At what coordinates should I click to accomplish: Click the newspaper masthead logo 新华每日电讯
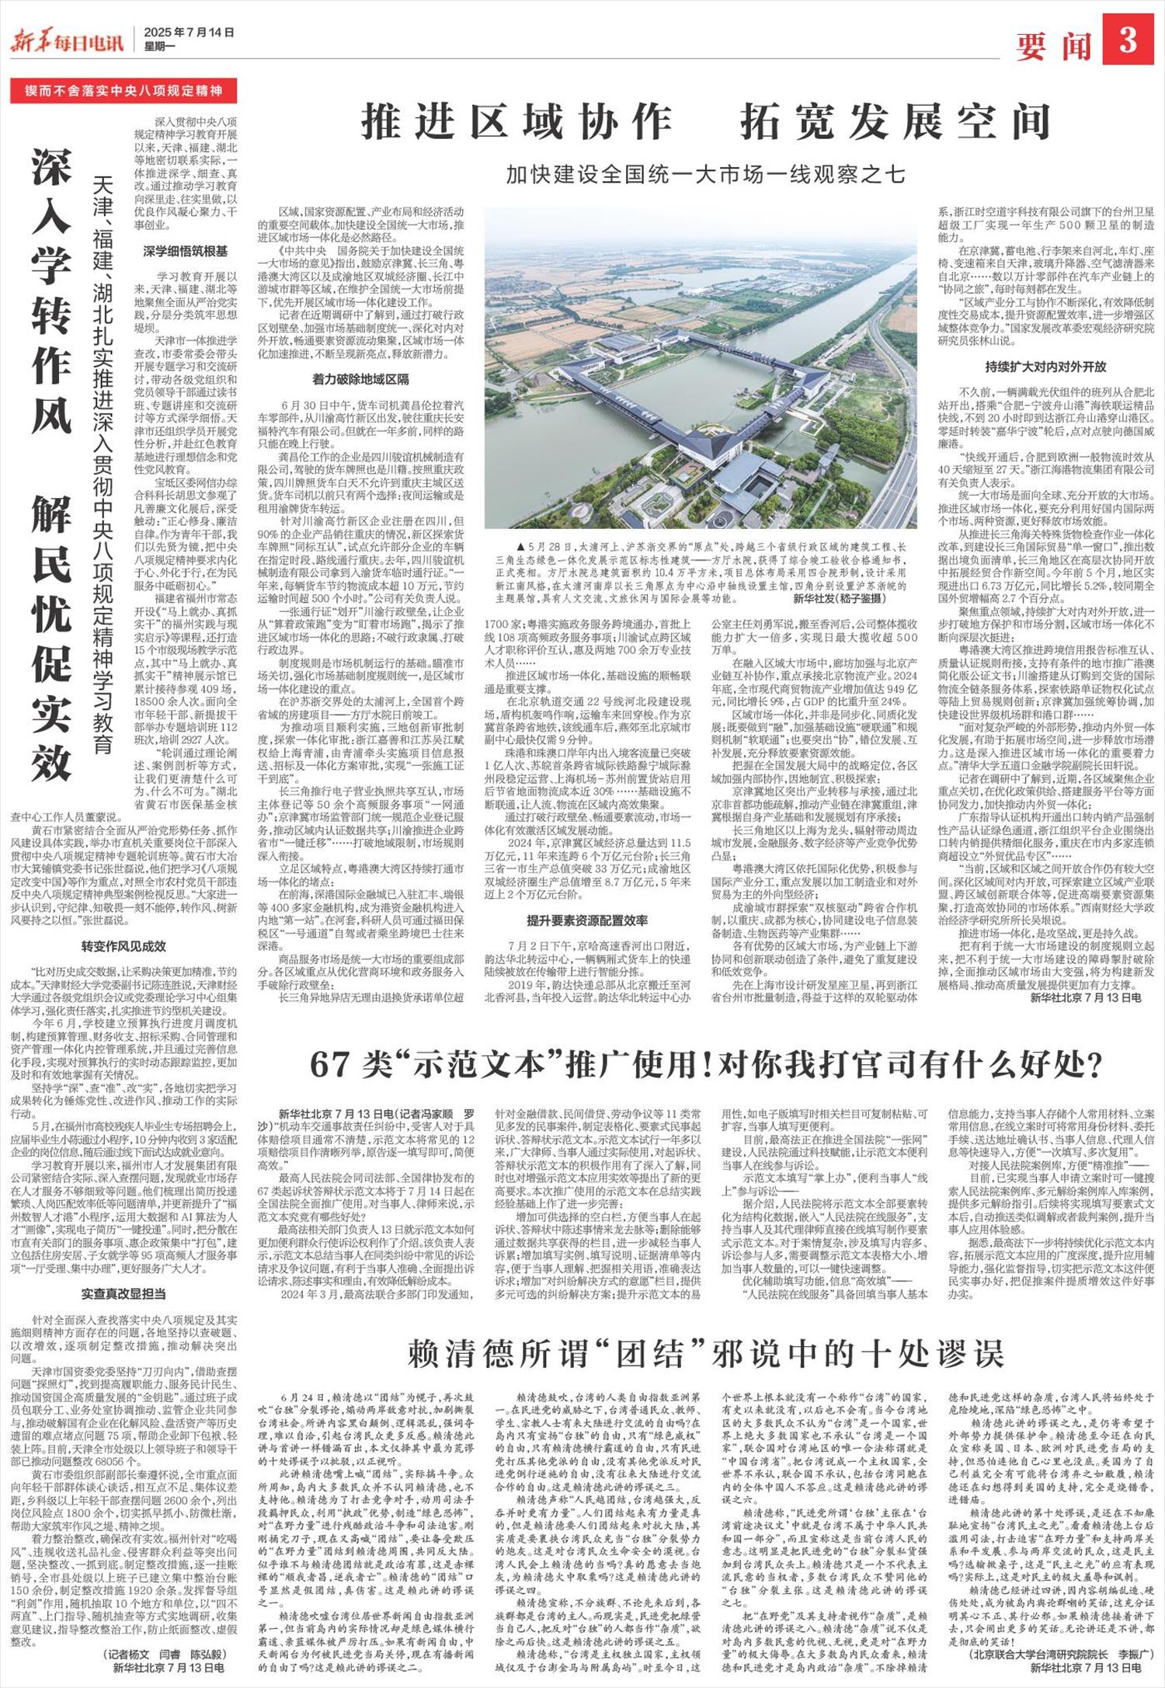[67, 39]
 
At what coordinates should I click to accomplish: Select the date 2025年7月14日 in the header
[189, 33]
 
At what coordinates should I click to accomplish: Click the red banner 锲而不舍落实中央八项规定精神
[122, 91]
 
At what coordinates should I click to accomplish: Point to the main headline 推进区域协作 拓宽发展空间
[705, 122]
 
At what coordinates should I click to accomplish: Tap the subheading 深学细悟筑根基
[186, 251]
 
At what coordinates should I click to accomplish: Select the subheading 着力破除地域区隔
[360, 380]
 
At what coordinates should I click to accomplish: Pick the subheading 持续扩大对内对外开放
[1045, 367]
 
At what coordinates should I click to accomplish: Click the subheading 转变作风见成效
[124, 946]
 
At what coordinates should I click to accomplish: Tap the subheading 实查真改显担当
[124, 1294]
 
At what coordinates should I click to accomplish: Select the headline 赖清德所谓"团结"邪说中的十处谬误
[705, 1354]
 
